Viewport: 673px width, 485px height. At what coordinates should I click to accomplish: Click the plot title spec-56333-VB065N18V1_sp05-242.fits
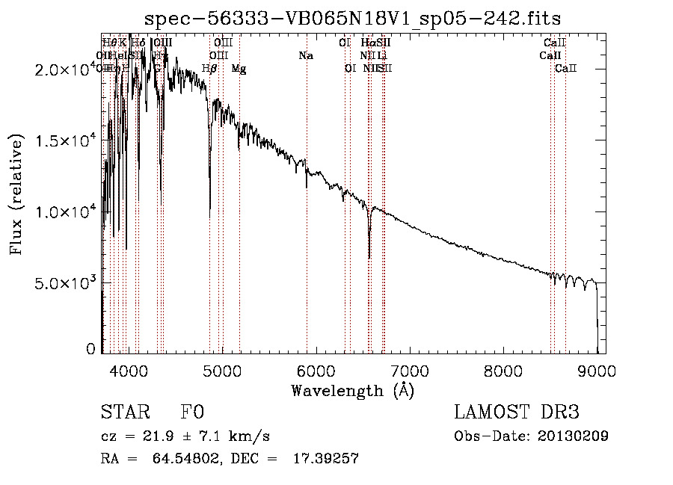point(352,17)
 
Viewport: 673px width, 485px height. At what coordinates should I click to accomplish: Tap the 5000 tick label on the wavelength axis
point(222,370)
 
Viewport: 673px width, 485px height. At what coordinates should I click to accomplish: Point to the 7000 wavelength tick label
point(410,370)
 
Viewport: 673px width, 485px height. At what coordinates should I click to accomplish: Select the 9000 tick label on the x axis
point(597,370)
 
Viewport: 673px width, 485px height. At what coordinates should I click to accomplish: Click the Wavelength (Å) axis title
point(352,390)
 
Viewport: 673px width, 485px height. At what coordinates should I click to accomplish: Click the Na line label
point(305,55)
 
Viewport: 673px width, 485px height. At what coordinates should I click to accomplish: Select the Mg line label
point(239,69)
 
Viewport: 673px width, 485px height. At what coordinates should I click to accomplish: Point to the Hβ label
point(209,69)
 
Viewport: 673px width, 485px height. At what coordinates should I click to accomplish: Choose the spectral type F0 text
point(191,413)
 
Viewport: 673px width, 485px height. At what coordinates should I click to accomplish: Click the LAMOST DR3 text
point(517,413)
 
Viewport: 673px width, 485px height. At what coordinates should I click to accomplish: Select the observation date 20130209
point(574,436)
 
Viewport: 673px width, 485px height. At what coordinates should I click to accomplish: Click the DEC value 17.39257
point(326,459)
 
